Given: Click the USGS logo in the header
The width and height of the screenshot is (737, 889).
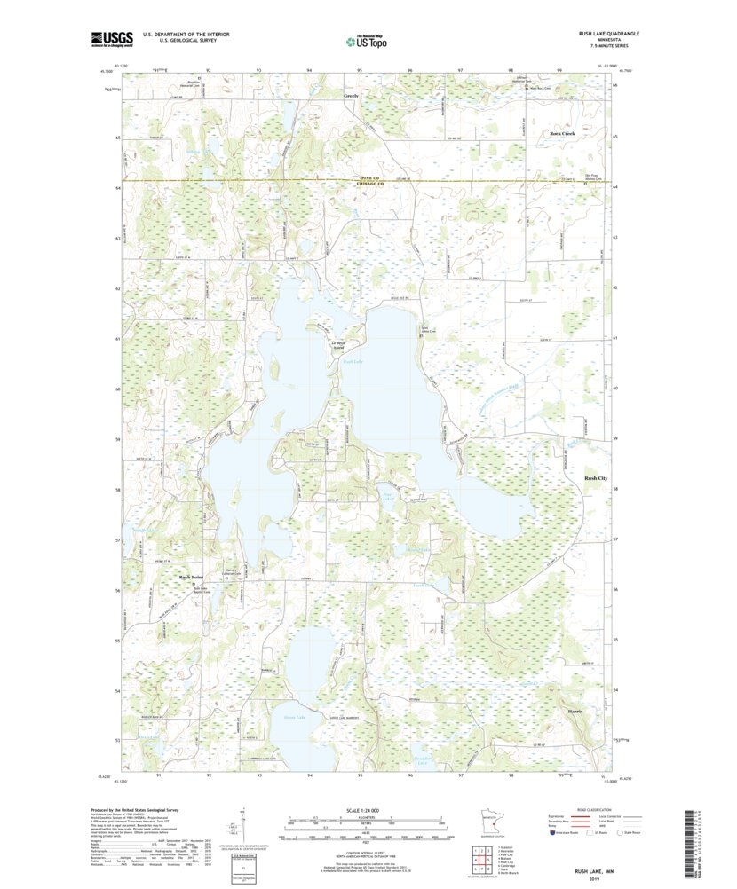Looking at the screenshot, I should pyautogui.click(x=111, y=38).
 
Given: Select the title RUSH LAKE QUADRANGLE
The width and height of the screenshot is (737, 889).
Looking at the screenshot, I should pyautogui.click(x=607, y=33).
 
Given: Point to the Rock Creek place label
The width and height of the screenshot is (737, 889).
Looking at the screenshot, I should pyautogui.click(x=562, y=133).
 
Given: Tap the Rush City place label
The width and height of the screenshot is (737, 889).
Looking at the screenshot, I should pyautogui.click(x=596, y=478).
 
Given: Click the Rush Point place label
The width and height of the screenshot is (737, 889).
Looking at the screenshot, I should pyautogui.click(x=192, y=577).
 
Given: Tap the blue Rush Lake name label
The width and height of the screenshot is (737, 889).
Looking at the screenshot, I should pyautogui.click(x=353, y=362).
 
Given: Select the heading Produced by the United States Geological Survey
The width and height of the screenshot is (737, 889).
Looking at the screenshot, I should pyautogui.click(x=135, y=810).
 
